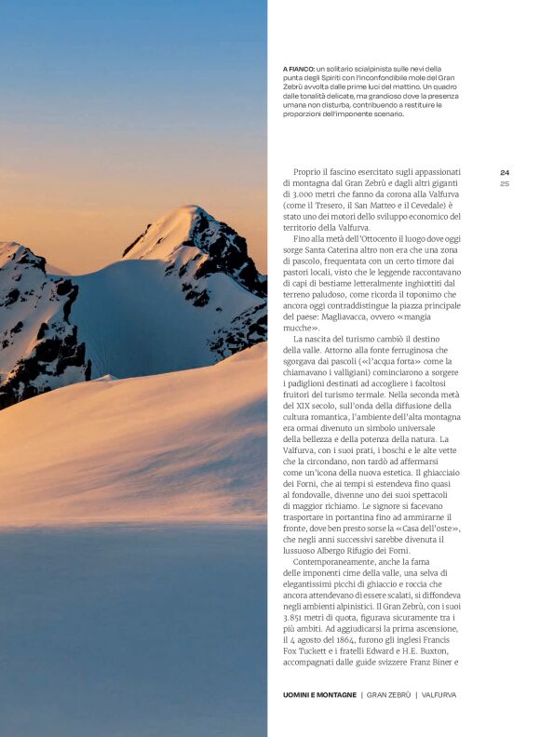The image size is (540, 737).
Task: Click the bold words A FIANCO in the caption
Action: point(298,69)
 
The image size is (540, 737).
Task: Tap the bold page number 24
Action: point(504,172)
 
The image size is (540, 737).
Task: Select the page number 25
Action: point(504,183)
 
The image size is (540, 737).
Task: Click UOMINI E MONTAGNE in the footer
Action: point(320,694)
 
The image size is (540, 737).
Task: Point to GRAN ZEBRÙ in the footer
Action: point(387,694)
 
